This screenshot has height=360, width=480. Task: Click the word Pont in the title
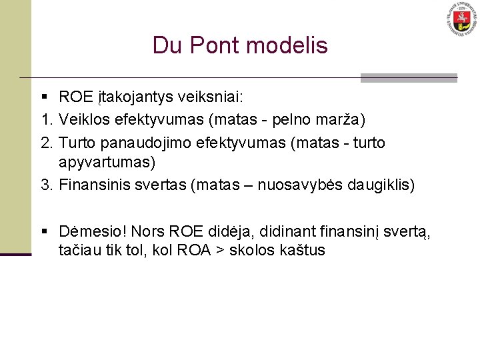(211, 45)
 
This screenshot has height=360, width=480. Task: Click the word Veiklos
(83, 121)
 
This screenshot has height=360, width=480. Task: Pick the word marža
(345, 121)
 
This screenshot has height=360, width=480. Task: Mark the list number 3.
(45, 185)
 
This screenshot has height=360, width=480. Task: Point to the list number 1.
(45, 121)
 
